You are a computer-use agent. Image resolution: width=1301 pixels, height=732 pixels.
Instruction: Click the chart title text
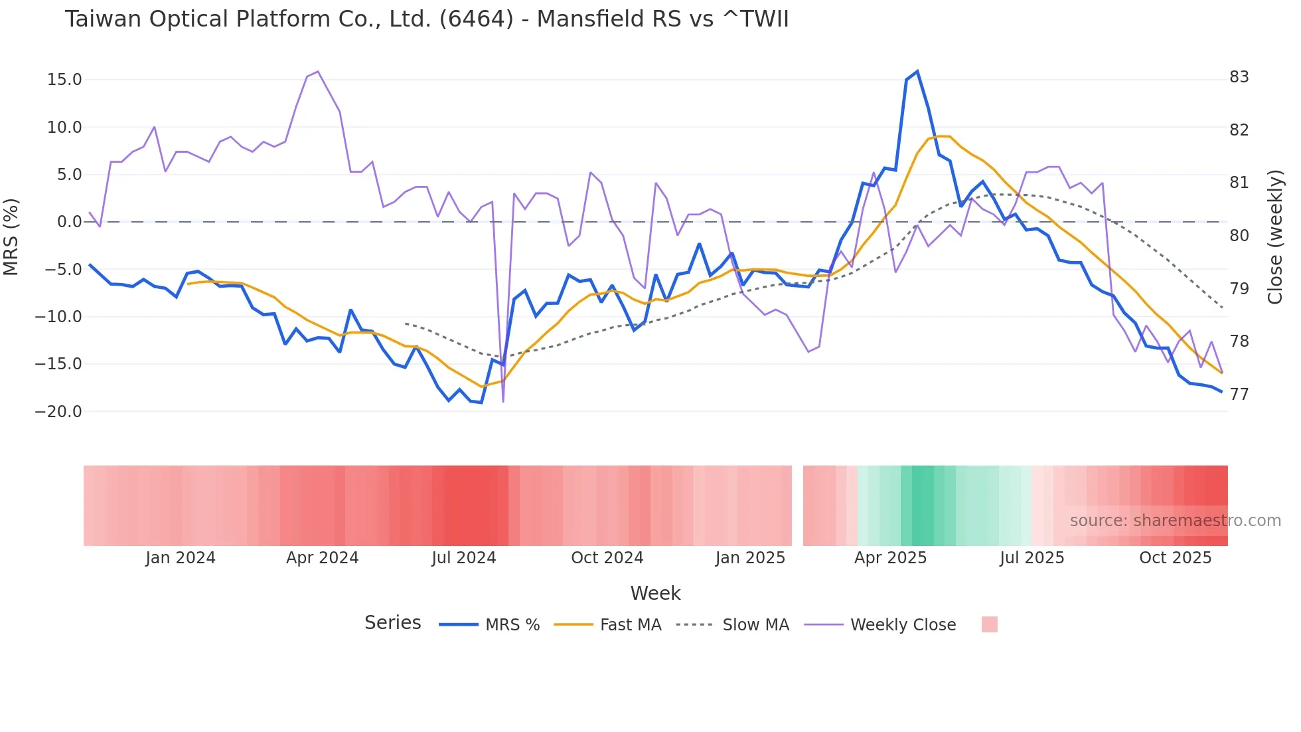pos(426,19)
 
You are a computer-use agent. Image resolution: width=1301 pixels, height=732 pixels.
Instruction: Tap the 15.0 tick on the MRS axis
pos(64,80)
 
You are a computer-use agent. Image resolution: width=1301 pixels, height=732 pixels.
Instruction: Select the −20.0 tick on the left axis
pos(58,412)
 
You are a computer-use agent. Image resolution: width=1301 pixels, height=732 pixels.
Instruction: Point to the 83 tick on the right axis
pos(1239,77)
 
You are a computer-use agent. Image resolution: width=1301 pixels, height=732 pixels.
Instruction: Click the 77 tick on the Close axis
pos(1239,395)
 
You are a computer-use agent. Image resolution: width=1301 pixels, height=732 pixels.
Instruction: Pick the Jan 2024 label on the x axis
pos(181,558)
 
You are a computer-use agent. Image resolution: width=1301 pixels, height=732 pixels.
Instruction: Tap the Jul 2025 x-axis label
pos(1032,558)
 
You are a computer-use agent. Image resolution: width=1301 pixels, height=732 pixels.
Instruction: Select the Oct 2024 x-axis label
pos(607,558)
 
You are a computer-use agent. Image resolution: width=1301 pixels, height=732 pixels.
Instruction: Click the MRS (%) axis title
pos(11,236)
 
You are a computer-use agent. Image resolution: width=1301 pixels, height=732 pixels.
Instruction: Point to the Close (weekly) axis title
pos(1275,236)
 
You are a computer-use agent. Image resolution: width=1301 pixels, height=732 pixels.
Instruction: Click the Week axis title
pos(655,593)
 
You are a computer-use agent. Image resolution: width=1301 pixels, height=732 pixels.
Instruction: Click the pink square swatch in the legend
pos(989,624)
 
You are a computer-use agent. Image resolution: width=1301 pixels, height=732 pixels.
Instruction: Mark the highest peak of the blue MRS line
pos(917,71)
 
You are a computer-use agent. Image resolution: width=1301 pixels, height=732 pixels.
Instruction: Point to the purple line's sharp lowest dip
pos(503,401)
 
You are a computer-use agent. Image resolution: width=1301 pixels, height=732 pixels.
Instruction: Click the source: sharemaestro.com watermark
pos(1175,521)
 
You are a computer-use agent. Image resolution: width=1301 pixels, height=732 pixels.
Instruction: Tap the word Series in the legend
pos(392,623)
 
